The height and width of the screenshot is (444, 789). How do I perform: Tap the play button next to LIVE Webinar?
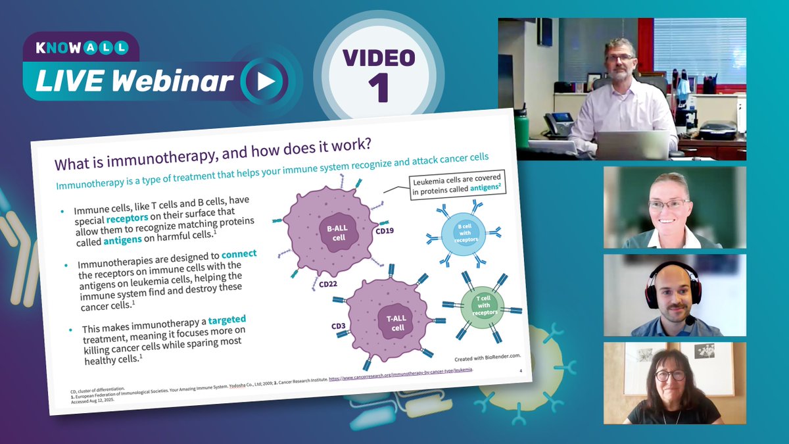click(265, 81)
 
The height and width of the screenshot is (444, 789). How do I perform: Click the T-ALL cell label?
click(394, 322)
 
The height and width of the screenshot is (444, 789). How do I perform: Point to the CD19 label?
click(385, 231)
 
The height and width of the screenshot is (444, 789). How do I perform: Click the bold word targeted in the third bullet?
click(227, 321)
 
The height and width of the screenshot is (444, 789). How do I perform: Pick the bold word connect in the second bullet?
click(239, 253)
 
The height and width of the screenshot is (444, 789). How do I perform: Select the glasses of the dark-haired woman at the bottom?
click(669, 375)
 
